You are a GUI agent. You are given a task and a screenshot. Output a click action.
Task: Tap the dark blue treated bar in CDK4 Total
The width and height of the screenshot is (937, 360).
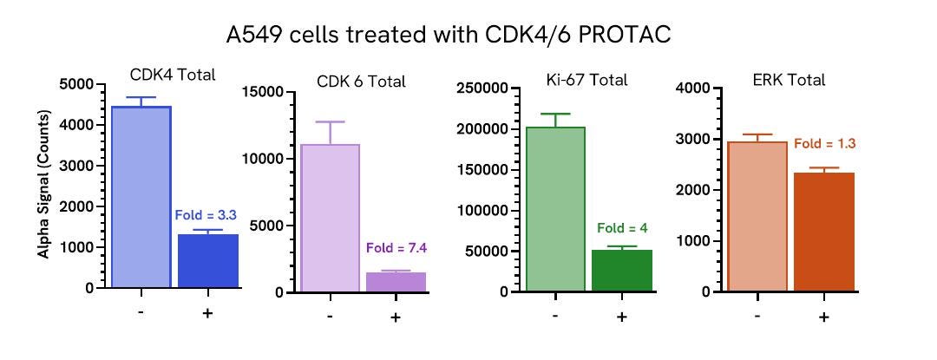pyautogui.click(x=208, y=260)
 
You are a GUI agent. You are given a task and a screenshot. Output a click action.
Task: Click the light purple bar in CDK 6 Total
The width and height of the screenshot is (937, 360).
pyautogui.click(x=330, y=218)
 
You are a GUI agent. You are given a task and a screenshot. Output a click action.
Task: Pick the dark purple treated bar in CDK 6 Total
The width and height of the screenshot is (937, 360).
pyautogui.click(x=396, y=282)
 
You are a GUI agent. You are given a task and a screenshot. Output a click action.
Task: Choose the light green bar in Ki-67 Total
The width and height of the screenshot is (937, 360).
pyautogui.click(x=555, y=209)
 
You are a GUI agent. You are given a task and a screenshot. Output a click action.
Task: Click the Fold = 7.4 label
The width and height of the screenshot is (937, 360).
pyautogui.click(x=396, y=248)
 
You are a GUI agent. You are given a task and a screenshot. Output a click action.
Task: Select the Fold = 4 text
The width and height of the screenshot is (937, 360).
pyautogui.click(x=622, y=229)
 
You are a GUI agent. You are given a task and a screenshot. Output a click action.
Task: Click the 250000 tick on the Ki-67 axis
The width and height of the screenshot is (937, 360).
pyautogui.click(x=480, y=88)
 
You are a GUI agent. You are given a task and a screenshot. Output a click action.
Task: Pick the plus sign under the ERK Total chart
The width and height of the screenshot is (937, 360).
pyautogui.click(x=823, y=317)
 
